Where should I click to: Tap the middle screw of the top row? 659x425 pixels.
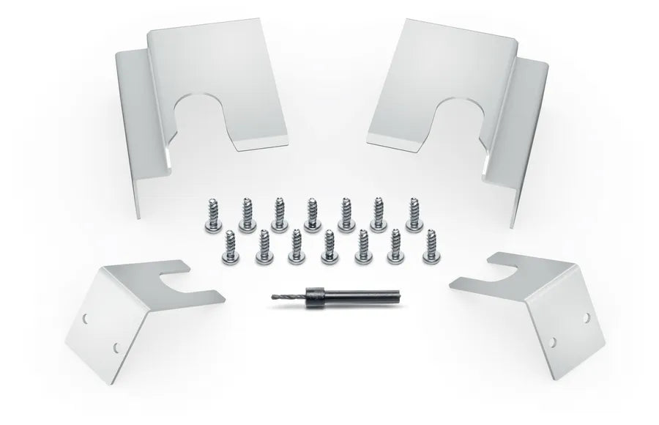point(312,210)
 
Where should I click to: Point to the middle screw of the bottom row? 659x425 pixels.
point(329,246)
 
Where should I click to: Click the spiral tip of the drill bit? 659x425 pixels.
point(286,299)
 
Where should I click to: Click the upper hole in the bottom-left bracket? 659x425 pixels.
point(87,319)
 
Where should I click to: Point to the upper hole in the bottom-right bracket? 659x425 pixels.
point(586,317)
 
